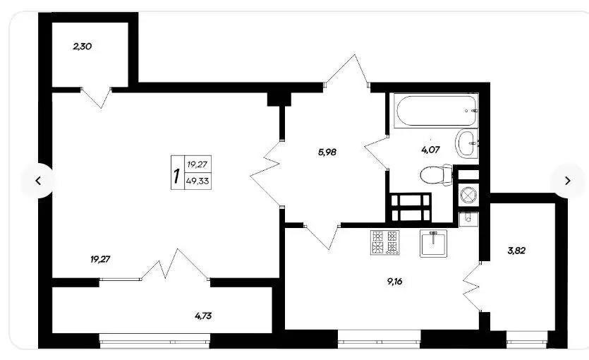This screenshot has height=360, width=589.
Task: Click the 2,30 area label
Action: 83,47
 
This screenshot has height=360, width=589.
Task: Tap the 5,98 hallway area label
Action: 327,152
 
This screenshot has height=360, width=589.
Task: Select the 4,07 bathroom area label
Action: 430,150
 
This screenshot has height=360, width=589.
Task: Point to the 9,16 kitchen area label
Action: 395,282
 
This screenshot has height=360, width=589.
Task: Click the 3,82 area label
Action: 516,251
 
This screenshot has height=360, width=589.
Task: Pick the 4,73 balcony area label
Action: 203,316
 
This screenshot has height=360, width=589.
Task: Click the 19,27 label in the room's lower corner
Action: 100,259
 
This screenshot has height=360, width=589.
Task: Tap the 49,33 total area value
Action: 198,181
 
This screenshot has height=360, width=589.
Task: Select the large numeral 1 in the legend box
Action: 176,176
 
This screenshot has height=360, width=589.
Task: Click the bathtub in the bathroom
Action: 435,111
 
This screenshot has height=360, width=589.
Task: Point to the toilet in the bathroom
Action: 436,175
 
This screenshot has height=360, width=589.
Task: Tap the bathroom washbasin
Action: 466,143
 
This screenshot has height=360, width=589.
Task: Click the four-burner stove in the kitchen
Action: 385,242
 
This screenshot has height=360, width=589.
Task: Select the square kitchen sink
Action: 434,243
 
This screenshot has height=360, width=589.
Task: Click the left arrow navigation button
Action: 38,181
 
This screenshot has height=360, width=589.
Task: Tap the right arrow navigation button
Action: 568,181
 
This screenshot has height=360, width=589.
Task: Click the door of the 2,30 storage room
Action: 96,97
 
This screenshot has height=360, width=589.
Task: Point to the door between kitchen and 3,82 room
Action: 472,287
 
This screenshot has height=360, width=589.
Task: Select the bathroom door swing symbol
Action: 377,153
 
